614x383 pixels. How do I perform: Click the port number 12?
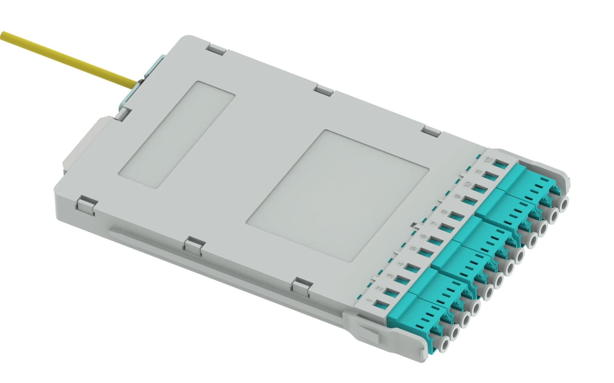489,159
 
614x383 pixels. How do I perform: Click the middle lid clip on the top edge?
325,90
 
